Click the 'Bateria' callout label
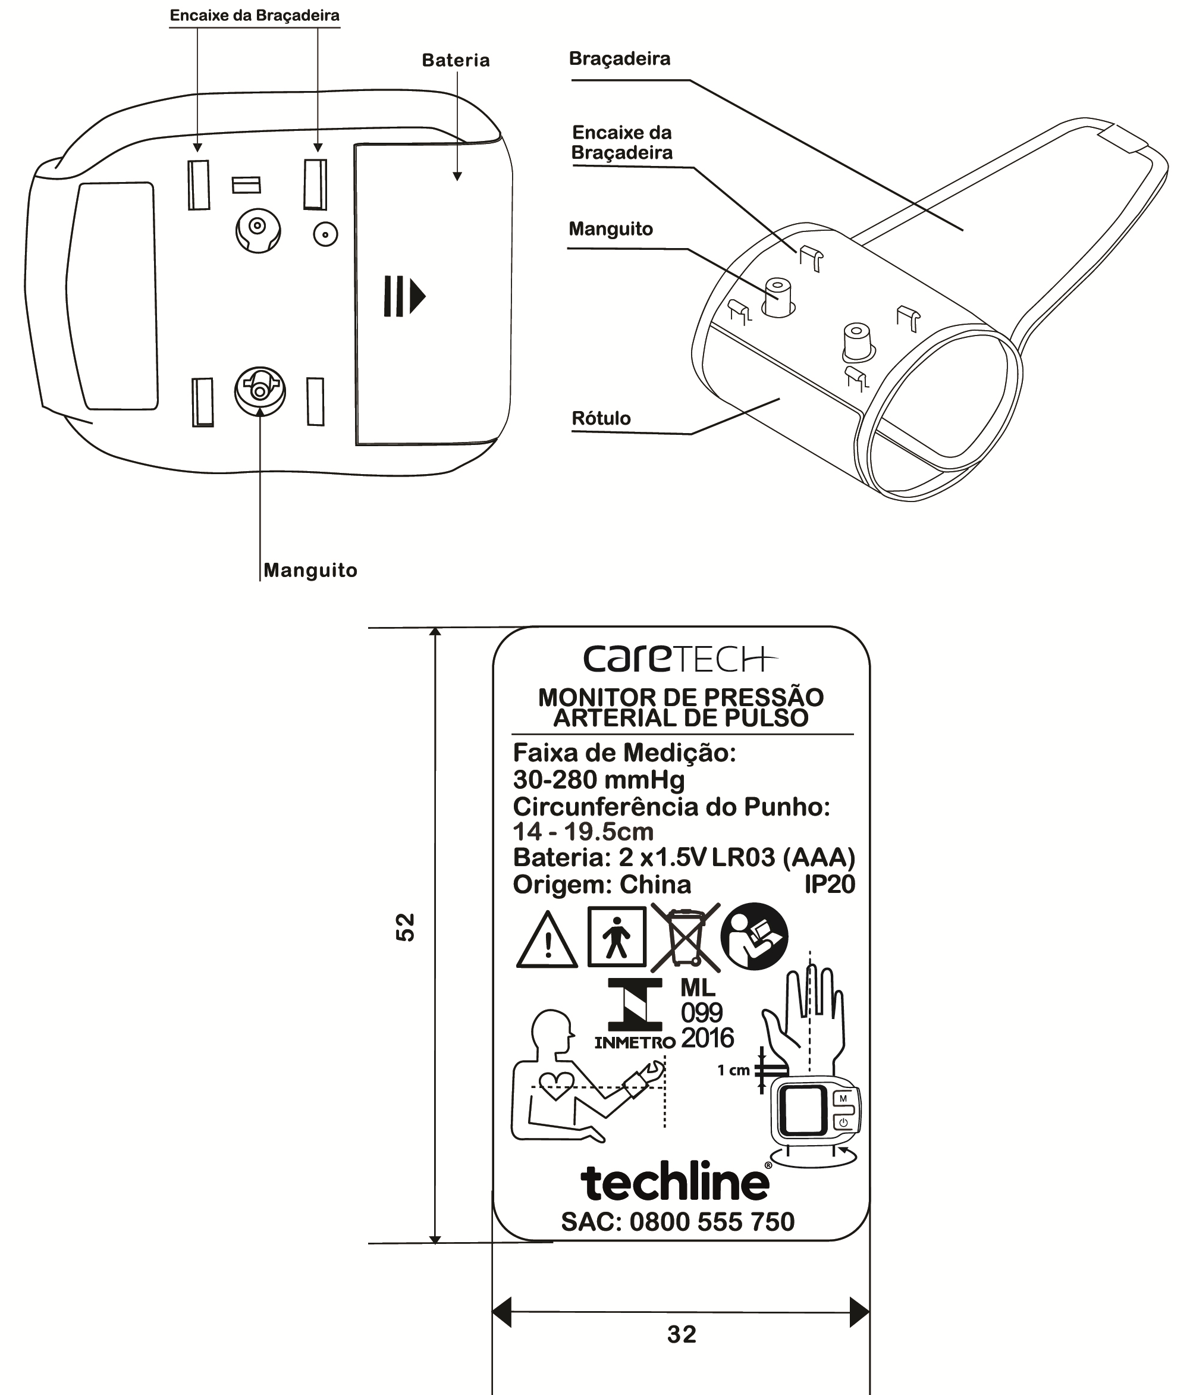[456, 61]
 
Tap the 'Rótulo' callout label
[601, 418]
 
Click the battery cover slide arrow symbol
[404, 296]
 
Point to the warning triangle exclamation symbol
[547, 941]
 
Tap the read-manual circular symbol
[754, 936]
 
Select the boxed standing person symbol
[617, 936]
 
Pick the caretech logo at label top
[680, 659]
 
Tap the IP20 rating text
[830, 885]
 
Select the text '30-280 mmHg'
[599, 780]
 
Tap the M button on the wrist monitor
[843, 1099]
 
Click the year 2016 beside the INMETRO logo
[707, 1038]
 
